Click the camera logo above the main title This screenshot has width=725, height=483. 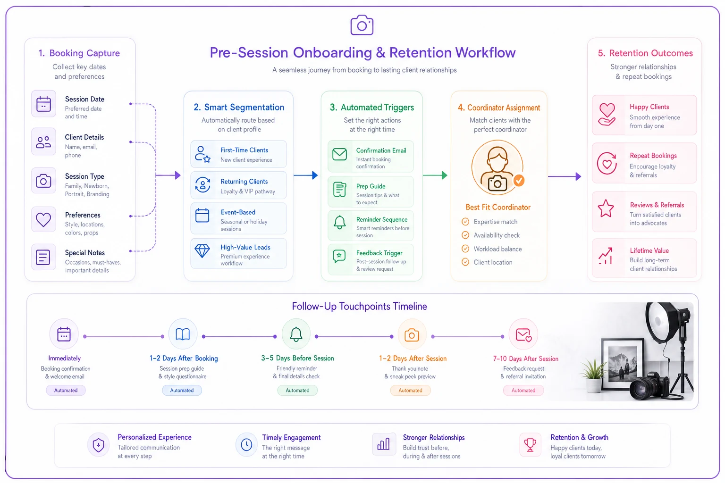(362, 25)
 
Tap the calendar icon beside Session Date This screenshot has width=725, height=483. (43, 104)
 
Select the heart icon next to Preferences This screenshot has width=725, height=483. (43, 220)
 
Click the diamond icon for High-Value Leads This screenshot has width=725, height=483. (202, 251)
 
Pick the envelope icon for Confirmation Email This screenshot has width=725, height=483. (339, 154)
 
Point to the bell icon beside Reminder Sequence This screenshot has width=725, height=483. (339, 222)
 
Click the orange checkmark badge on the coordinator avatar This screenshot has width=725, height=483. (519, 181)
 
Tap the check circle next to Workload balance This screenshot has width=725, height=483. (465, 249)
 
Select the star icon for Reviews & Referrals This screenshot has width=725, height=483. (606, 208)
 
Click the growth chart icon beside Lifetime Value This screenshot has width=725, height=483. (605, 256)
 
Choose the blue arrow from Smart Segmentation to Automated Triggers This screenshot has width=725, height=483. (305, 175)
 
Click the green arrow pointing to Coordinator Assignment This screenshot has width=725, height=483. (435, 175)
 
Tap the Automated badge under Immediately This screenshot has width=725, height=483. (66, 390)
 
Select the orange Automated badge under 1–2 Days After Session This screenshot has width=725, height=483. (410, 390)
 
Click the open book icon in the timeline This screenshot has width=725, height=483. (183, 334)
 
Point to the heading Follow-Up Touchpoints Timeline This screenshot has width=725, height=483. (359, 306)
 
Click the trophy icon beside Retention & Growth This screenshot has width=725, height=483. (530, 445)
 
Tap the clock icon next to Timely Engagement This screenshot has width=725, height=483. (246, 444)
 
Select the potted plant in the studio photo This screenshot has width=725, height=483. (593, 375)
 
